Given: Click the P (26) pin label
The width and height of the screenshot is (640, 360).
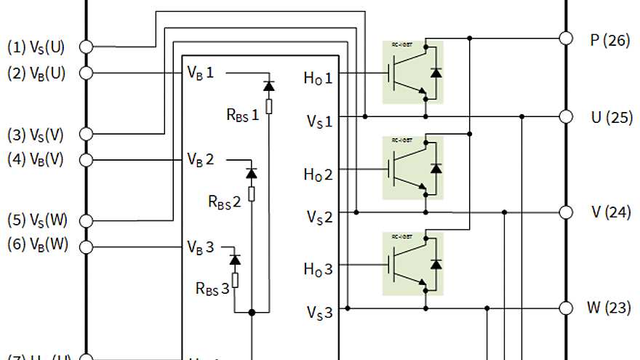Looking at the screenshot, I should point(609,41).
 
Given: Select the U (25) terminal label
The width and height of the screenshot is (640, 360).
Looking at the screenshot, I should point(610,118).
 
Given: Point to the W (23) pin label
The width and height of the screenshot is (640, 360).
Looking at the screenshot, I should point(609,308).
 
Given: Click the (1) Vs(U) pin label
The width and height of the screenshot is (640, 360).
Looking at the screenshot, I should point(36,47).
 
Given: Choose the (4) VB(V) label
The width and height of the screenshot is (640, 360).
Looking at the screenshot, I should point(37,160).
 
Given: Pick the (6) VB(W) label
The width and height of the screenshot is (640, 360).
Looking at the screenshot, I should point(37,244).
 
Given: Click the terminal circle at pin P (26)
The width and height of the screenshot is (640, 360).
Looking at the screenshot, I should point(566,38).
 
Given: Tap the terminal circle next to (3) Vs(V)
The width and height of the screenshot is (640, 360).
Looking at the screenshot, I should point(86,134).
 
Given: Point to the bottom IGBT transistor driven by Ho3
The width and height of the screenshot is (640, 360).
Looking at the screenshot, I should point(412,263).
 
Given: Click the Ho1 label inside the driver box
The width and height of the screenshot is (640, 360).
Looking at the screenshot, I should point(318,77).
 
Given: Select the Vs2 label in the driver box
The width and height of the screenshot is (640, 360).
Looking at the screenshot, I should point(319,216).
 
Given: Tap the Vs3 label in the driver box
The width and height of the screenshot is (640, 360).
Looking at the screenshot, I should point(319,312).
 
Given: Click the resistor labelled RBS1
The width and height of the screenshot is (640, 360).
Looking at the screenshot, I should point(268,107).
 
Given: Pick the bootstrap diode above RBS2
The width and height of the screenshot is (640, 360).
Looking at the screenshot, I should point(252,173).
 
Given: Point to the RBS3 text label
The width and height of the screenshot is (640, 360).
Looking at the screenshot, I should point(212,288).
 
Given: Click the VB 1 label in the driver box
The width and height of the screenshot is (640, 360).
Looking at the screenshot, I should point(201,73).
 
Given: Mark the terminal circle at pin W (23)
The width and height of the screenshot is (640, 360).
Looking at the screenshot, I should point(566,308).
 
